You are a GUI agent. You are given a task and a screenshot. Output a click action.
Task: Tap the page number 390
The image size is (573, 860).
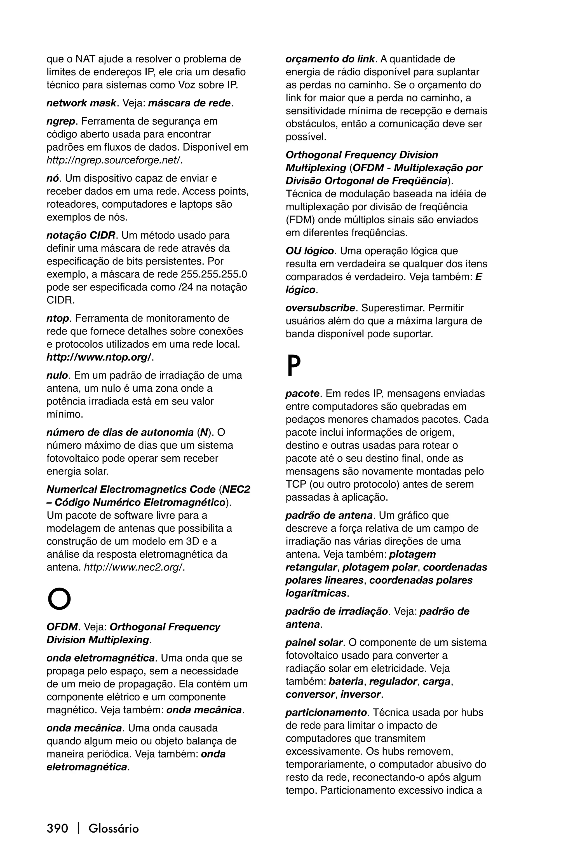(x=57, y=828)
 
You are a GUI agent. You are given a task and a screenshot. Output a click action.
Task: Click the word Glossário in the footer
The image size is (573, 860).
(x=114, y=828)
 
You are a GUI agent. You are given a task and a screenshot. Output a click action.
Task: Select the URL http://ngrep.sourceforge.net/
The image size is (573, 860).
(x=114, y=160)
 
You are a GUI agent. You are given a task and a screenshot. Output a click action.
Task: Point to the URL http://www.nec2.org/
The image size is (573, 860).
(x=134, y=567)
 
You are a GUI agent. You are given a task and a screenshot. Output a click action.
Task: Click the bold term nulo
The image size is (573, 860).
(x=57, y=375)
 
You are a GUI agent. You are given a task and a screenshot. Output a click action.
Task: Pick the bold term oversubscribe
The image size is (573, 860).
(x=320, y=308)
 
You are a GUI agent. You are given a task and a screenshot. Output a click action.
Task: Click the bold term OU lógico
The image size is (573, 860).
(x=309, y=251)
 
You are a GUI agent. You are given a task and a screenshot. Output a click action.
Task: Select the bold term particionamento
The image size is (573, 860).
(x=326, y=712)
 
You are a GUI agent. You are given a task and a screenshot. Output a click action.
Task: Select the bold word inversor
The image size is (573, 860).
(x=360, y=694)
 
